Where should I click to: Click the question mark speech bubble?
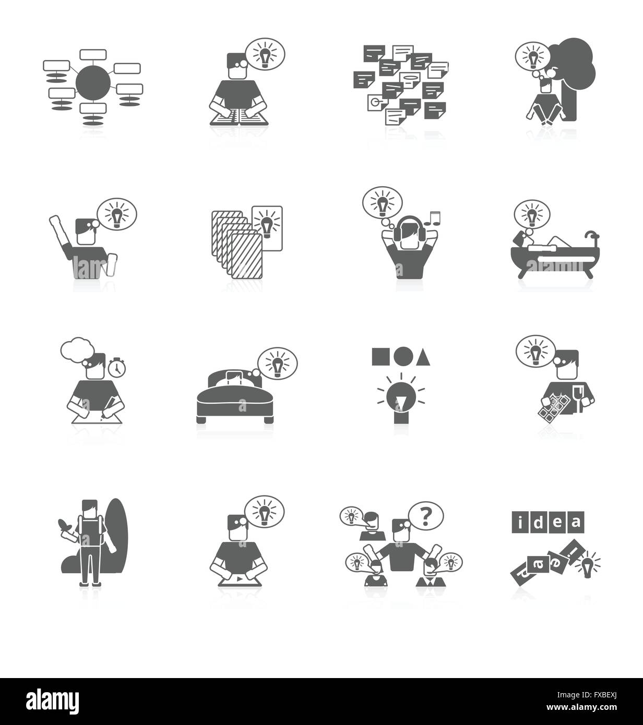coord(426,517)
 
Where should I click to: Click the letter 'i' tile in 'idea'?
coord(520,521)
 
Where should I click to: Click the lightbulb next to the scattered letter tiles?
coord(587,564)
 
